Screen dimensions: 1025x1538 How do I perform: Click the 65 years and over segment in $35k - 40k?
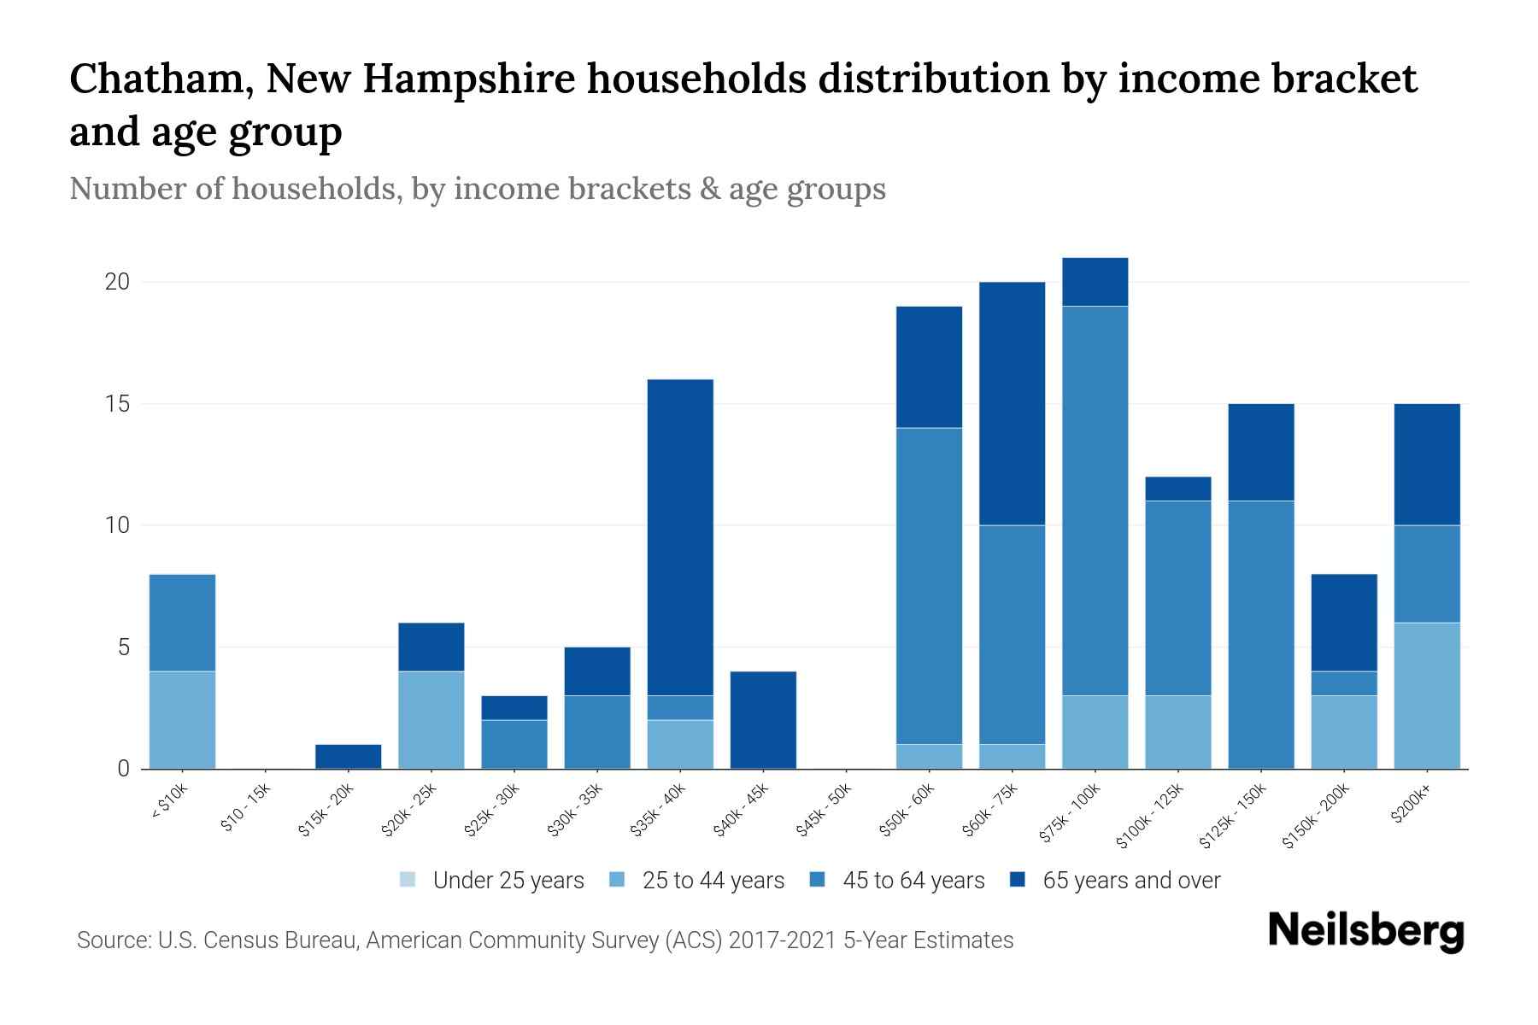[680, 536]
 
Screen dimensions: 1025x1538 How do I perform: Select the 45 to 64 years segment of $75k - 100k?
[1095, 500]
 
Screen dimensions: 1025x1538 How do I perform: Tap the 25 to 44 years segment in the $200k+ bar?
[1426, 695]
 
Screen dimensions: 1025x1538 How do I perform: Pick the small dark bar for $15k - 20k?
[348, 757]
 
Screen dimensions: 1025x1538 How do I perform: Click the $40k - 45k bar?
[763, 719]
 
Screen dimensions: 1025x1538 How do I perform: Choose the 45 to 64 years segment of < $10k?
[182, 623]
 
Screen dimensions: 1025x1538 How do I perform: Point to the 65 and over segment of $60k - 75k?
[1012, 403]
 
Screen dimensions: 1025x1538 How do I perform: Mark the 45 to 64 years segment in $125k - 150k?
[1260, 634]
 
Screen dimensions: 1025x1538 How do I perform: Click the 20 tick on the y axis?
[117, 282]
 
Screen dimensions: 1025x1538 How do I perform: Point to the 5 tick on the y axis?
[123, 647]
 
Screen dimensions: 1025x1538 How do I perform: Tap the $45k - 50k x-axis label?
[825, 813]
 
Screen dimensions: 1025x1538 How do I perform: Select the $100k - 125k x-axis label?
[1151, 818]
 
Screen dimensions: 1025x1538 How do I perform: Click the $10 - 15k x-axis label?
[246, 811]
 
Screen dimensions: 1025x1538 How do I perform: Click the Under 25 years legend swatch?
[408, 880]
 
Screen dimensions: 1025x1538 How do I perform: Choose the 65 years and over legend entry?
[1131, 880]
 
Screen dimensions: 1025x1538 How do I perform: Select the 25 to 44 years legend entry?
[713, 880]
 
